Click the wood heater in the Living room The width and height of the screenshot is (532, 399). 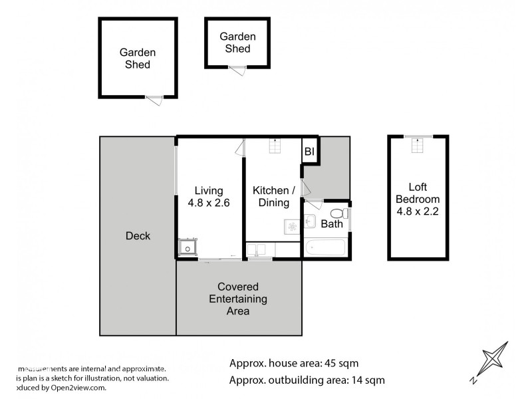pos(188,248)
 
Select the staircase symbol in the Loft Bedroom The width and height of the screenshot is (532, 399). pos(417,146)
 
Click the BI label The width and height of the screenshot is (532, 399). pos(309,152)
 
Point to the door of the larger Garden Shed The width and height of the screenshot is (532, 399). pos(154,99)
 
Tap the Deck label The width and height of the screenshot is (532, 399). pos(138,236)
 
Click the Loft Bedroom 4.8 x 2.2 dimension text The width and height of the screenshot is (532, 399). pos(417,211)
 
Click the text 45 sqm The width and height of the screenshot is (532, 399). pos(340,363)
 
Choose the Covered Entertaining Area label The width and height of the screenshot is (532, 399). pos(238,299)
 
